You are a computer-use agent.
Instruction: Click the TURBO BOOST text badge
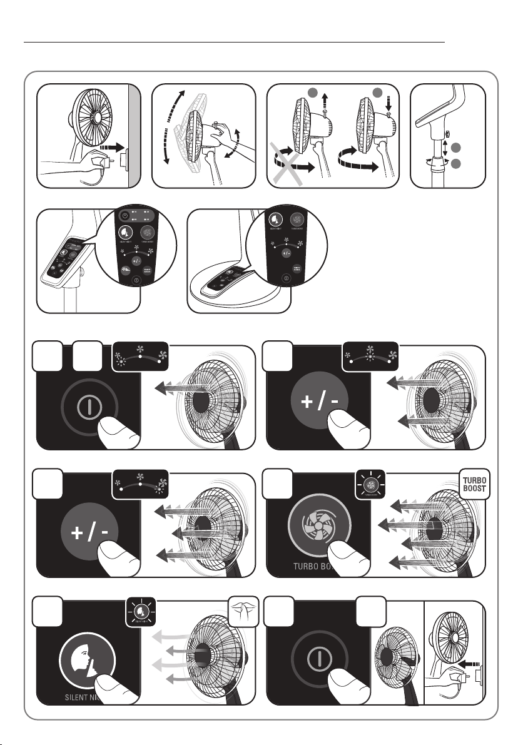(475, 485)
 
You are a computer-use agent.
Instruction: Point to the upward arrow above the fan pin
(325, 101)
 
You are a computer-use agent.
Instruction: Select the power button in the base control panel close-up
(286, 276)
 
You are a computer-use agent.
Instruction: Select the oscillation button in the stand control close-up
(126, 270)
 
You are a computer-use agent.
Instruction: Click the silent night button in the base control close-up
(275, 220)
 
